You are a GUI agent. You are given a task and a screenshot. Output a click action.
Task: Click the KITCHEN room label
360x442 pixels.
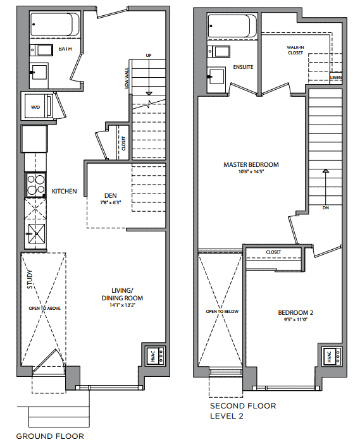click(x=65, y=192)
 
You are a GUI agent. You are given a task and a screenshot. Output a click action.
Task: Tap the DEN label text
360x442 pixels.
click(x=110, y=195)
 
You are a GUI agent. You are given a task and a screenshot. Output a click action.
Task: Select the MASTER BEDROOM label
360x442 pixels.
click(x=251, y=164)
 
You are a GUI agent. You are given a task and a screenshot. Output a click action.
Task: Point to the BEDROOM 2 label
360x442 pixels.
click(x=295, y=312)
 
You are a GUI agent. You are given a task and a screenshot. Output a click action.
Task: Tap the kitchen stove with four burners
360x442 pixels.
click(x=35, y=185)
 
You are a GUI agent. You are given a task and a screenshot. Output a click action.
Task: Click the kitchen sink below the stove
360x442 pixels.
click(x=35, y=234)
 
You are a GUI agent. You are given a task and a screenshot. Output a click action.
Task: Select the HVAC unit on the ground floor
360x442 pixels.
click(x=155, y=356)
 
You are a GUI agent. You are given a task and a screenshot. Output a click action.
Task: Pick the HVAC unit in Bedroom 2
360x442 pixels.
click(x=332, y=356)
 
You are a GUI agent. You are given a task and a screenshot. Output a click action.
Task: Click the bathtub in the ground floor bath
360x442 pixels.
click(x=55, y=24)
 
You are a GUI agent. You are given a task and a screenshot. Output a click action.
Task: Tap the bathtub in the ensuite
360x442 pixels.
click(x=232, y=26)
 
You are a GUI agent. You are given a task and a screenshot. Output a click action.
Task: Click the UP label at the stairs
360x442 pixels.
click(x=149, y=56)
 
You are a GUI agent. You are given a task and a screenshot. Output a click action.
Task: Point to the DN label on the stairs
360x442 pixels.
click(x=326, y=208)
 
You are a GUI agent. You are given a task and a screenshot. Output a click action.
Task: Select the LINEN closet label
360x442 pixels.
click(x=336, y=77)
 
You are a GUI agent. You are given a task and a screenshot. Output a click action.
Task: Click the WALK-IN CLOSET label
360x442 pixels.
click(x=295, y=50)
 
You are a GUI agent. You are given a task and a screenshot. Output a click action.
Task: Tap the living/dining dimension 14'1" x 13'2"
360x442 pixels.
click(x=123, y=305)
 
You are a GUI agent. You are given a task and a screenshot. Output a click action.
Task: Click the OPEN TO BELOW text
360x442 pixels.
click(x=222, y=312)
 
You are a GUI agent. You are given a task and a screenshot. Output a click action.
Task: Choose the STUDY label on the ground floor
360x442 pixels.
click(x=30, y=279)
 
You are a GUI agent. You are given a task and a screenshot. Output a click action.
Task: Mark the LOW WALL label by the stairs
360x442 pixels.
click(x=127, y=78)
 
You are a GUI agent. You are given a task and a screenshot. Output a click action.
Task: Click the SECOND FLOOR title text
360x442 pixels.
click(x=243, y=406)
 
